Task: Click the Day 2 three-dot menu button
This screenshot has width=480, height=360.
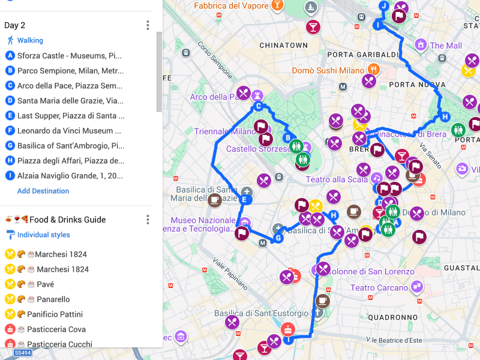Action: coord(148,25)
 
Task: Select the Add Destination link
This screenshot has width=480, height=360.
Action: coord(43,191)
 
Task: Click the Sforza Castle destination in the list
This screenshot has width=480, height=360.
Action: coord(69,56)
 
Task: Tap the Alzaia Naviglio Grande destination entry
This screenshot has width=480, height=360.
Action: coord(69,176)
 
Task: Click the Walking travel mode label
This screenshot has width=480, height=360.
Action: coord(30,40)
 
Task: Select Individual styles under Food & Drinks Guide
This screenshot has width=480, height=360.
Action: coord(43,235)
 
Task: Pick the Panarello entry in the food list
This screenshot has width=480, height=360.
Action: coord(53,299)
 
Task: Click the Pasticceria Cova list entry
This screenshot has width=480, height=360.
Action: coord(56,329)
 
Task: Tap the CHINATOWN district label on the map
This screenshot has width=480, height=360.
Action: coord(283,46)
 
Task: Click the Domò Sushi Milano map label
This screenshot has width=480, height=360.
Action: coord(328,71)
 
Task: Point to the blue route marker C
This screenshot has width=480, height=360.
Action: coord(259,107)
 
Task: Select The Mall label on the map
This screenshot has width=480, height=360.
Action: coord(445,46)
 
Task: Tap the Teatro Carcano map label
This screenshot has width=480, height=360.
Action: coord(379,288)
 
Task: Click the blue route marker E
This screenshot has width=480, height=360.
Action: coord(244,199)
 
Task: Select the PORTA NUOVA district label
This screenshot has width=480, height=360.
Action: coord(414,85)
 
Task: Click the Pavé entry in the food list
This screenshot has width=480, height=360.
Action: coord(45,284)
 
